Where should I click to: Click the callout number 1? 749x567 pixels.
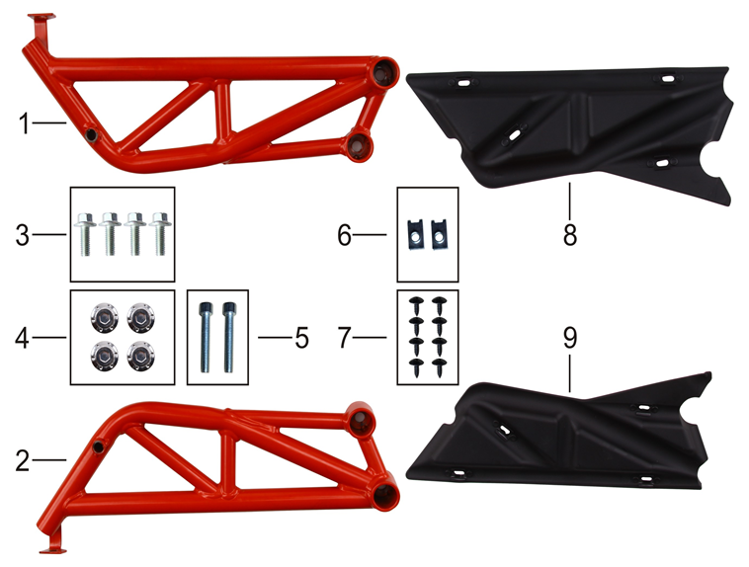24,123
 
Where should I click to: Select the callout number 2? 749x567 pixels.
23,461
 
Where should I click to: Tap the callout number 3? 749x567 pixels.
23,235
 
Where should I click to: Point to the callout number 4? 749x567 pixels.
23,338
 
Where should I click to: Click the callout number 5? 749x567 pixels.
301,338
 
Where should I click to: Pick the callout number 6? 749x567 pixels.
345,235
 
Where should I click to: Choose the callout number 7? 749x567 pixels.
345,338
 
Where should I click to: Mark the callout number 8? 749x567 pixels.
570,235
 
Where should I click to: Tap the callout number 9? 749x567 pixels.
570,338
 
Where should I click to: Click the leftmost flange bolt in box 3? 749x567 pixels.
86,233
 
